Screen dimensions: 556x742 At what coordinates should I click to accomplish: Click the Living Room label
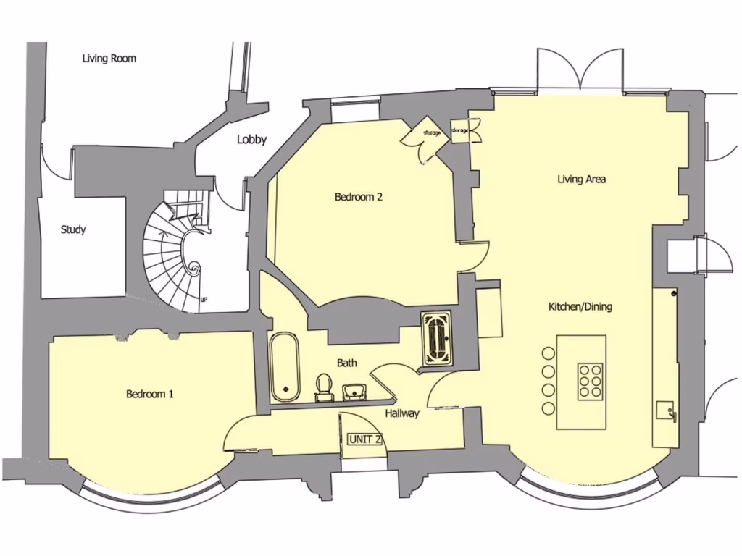109,59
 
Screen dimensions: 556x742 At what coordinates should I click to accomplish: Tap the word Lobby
251,140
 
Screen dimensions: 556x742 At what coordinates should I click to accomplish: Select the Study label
72,229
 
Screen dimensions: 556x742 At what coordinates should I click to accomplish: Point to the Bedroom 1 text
149,394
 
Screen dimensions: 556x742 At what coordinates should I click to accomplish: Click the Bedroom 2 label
358,197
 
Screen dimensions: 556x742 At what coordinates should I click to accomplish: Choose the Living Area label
581,179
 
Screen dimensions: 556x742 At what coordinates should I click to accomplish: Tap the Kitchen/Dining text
580,307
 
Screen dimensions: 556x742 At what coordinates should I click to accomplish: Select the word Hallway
402,413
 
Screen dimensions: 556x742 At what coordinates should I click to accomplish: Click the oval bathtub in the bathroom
285,367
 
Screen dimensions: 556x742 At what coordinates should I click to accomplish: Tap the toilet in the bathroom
323,385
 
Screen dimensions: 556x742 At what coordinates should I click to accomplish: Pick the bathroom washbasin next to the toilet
354,391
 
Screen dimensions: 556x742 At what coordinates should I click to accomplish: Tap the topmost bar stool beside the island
548,354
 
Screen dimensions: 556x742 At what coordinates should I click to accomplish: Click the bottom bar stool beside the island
548,409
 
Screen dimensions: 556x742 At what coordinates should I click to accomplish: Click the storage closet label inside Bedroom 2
432,133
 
